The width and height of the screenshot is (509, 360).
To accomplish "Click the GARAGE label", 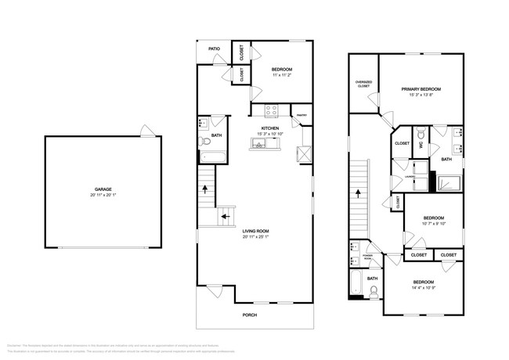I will click(103, 189).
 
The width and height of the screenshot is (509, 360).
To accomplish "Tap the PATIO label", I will click(214, 49).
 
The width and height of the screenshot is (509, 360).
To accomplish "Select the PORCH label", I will click(249, 315).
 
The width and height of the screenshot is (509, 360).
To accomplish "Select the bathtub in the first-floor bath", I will click(212, 157).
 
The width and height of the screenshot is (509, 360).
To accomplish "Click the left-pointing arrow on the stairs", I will click(224, 218).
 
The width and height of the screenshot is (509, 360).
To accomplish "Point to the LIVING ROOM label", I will click(255, 231).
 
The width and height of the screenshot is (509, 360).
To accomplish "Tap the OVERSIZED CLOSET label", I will click(363, 83).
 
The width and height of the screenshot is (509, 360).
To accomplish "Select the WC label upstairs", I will click(421, 145).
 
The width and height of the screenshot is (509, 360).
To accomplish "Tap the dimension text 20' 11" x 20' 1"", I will click(103, 195).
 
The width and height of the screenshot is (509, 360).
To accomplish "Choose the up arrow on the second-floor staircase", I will click(359, 192).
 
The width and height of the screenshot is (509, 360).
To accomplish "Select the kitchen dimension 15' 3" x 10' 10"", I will click(270, 134).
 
